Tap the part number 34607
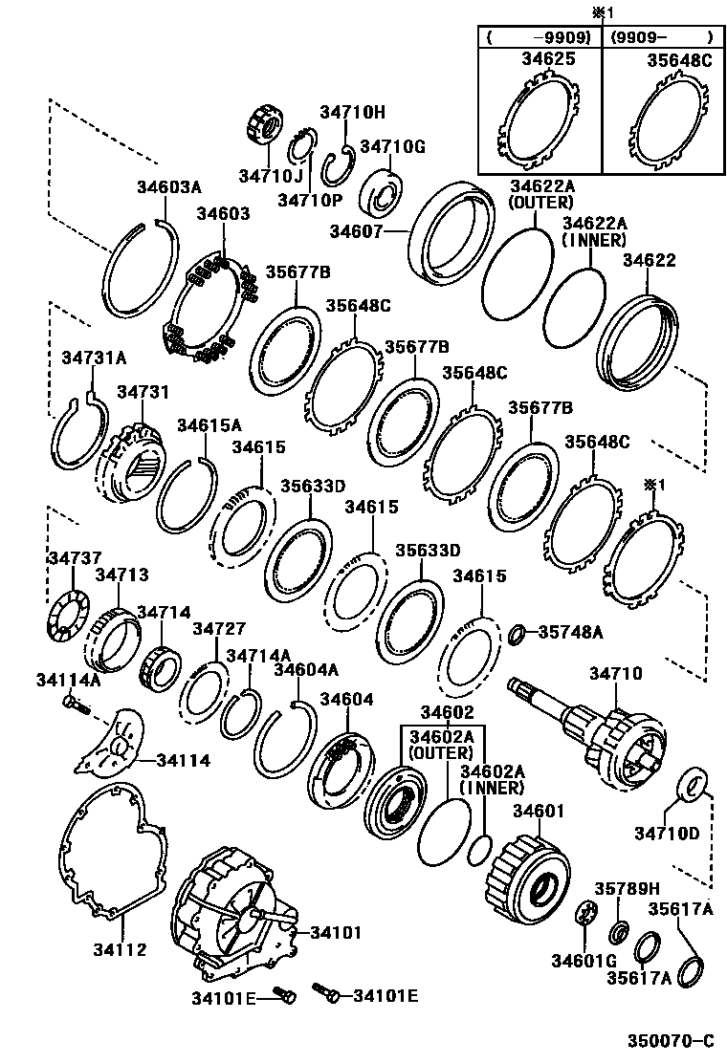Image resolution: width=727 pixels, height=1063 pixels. tap(356, 231)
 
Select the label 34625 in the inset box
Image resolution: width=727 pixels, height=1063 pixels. tap(548, 59)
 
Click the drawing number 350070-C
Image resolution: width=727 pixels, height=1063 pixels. tap(671, 1040)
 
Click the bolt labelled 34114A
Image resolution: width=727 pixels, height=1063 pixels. tap(74, 705)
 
